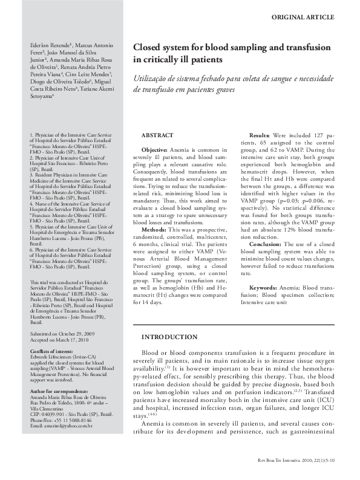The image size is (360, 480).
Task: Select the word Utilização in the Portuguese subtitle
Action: click(152, 77)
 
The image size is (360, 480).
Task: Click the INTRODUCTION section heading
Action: click(169, 337)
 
